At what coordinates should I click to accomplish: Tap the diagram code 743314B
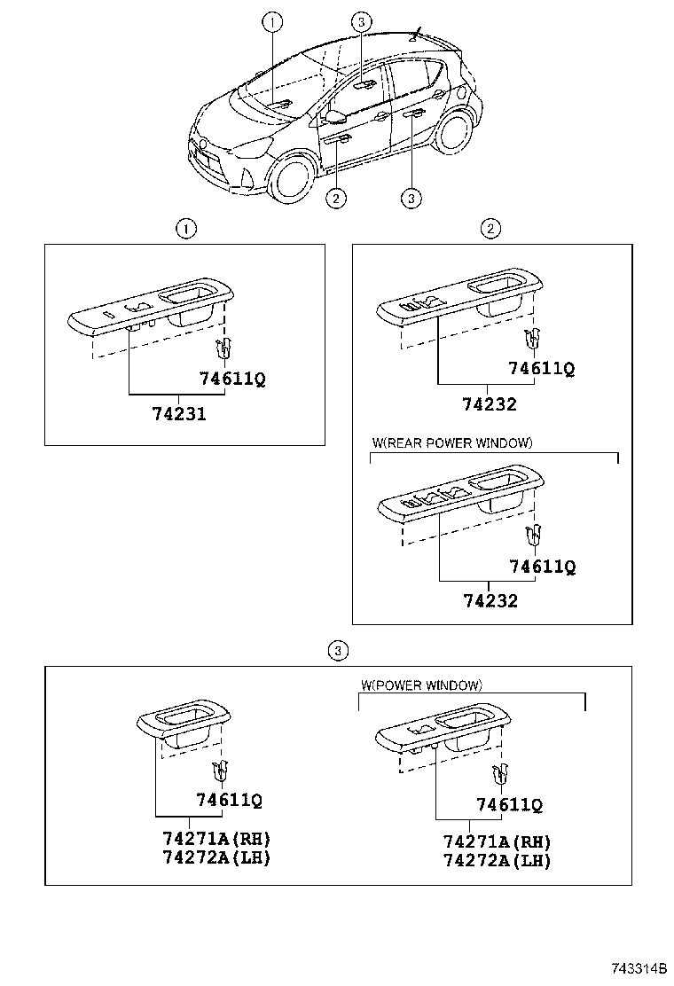(639, 967)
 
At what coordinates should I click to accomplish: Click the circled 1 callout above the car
(273, 20)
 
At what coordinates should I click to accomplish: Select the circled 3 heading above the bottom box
(336, 651)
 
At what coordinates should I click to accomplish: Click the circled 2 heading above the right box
(490, 229)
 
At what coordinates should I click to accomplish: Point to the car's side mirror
(336, 117)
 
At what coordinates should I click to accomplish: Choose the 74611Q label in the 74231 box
(232, 380)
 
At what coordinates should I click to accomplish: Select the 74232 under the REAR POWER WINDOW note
(490, 600)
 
